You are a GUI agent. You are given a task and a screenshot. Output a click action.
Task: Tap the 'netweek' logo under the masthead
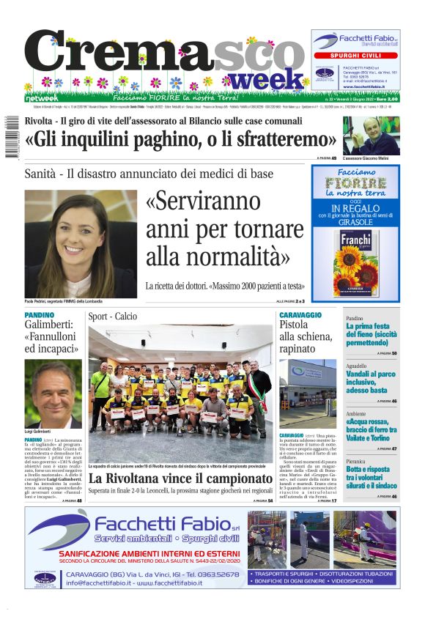click(42, 97)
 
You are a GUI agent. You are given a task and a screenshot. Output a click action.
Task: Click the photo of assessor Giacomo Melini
click(371, 136)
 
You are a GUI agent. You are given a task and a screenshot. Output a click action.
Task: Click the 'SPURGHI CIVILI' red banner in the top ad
click(355, 55)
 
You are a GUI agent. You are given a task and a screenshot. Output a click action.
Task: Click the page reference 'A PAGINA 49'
click(327, 158)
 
